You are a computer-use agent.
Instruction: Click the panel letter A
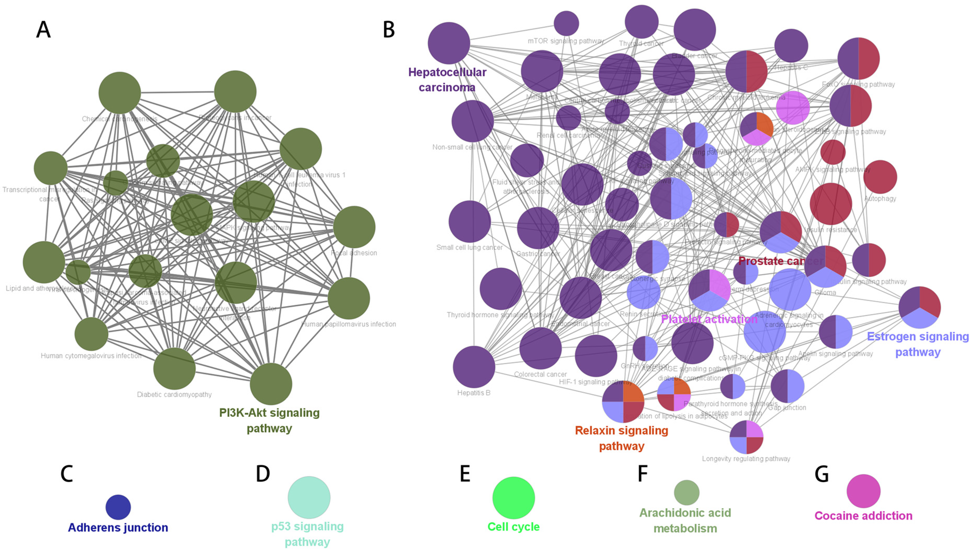click(43, 30)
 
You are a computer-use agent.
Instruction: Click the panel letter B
click(388, 30)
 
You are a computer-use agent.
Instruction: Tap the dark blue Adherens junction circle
click(118, 507)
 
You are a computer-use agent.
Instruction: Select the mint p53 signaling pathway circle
click(309, 497)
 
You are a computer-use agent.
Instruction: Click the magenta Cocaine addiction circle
click(863, 491)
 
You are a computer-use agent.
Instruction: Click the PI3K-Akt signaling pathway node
click(271, 384)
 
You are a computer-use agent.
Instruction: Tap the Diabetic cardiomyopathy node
click(174, 368)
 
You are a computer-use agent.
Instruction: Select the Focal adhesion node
click(354, 227)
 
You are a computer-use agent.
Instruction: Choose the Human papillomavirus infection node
click(348, 298)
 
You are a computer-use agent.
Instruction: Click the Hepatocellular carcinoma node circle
click(449, 43)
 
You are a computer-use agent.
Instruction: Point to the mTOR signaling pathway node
click(566, 23)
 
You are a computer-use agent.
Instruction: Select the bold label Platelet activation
click(709, 319)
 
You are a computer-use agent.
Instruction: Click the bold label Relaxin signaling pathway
click(621, 438)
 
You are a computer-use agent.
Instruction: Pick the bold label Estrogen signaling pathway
click(918, 344)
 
